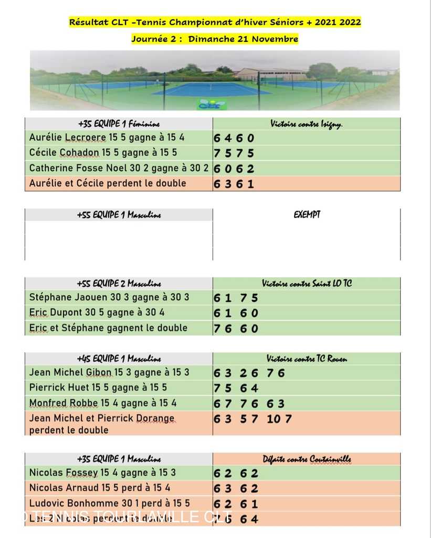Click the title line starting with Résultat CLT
tap(215, 22)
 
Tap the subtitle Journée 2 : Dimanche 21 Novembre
tap(215, 39)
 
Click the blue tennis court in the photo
tap(212, 89)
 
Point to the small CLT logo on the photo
tap(212, 104)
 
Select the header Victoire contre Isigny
tap(307, 124)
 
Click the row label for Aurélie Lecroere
tap(107, 138)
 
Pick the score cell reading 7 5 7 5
tap(234, 153)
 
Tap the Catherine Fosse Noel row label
tap(119, 169)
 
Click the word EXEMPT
tap(307, 214)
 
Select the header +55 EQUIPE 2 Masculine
tap(119, 284)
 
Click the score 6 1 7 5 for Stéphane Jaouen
tap(236, 298)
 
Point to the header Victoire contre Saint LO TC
tap(307, 284)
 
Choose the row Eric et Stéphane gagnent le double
tap(108, 328)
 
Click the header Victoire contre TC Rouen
tap(307, 359)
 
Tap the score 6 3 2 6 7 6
tap(249, 373)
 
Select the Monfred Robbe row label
tap(103, 403)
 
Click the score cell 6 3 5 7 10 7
tap(253, 419)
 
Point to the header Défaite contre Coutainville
tap(307, 459)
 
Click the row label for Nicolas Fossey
tap(103, 473)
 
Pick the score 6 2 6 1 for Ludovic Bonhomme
tap(236, 504)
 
